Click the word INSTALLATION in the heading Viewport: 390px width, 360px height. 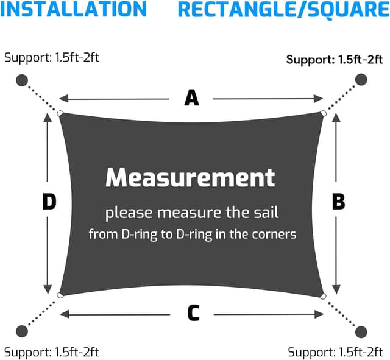73,9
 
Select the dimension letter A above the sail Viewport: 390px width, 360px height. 191,98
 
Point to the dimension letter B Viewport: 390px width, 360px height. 339,201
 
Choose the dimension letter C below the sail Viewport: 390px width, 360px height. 194,312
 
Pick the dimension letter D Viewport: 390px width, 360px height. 49,202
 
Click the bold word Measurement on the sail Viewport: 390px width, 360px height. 190,177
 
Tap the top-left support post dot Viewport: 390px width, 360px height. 22,80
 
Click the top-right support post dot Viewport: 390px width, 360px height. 361,80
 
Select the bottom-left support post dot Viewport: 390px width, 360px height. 22,331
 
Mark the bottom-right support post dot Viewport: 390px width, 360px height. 361,332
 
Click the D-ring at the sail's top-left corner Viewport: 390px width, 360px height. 60,114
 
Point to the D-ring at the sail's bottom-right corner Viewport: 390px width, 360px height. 323,296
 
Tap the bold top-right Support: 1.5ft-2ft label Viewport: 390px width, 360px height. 335,60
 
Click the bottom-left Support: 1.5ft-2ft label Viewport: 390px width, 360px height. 51,352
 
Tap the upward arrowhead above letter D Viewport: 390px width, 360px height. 48,118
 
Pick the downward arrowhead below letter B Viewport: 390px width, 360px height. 336,289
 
